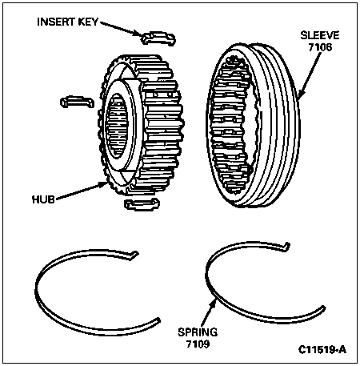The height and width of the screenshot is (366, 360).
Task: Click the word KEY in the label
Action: pyautogui.click(x=88, y=22)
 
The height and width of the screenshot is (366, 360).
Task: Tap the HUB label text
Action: pyautogui.click(x=43, y=199)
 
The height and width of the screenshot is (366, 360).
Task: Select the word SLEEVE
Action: pyautogui.click(x=320, y=35)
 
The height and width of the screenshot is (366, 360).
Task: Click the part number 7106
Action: pyautogui.click(x=320, y=47)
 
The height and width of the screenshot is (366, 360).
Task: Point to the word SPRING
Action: pyautogui.click(x=198, y=332)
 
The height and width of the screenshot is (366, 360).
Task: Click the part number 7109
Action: pyautogui.click(x=198, y=344)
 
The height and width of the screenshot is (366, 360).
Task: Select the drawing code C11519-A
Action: pyautogui.click(x=322, y=349)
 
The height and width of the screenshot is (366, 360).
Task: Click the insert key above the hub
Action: pyautogui.click(x=158, y=38)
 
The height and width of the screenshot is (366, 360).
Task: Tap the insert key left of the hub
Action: pyautogui.click(x=77, y=102)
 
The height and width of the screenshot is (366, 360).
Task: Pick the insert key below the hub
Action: pyautogui.click(x=142, y=204)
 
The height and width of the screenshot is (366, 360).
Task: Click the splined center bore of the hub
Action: pyautogui.click(x=117, y=126)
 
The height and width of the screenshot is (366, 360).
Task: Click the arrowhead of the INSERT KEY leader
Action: pyautogui.click(x=138, y=34)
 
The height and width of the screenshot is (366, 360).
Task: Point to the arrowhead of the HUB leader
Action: pyautogui.click(x=104, y=184)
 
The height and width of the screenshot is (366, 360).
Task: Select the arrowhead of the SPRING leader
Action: pyautogui.click(x=214, y=303)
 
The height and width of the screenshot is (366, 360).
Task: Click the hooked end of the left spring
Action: pyautogui.click(x=134, y=254)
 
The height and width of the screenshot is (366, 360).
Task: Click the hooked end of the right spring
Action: pyautogui.click(x=286, y=246)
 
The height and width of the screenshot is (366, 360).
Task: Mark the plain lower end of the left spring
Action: pyautogui.click(x=158, y=320)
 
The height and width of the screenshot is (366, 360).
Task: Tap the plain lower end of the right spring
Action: pyautogui.click(x=323, y=308)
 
